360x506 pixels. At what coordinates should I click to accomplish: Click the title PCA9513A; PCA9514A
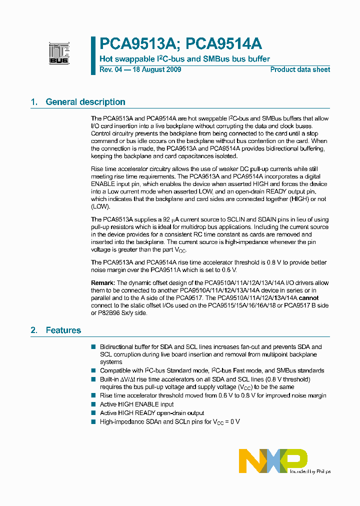[180, 43]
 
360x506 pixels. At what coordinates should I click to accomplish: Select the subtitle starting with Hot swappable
[184, 58]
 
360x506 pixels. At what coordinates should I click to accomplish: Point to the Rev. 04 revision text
[111, 69]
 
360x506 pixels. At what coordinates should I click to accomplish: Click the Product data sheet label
[300, 69]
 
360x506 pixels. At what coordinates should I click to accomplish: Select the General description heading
[85, 102]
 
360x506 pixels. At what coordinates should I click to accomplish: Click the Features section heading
[63, 330]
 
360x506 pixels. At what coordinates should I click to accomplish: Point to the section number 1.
[34, 102]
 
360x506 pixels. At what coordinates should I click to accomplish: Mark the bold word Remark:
[103, 283]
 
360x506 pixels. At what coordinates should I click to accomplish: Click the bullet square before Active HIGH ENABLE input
[93, 404]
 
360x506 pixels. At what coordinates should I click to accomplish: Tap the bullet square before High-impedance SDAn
[93, 421]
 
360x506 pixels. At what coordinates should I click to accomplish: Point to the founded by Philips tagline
[310, 471]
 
